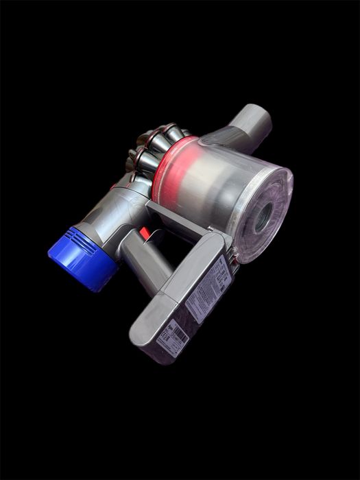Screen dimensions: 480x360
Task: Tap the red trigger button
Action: pos(145,233)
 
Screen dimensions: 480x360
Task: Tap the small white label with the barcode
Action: pos(171,337)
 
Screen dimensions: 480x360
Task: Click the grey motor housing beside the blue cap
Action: pos(110,219)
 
